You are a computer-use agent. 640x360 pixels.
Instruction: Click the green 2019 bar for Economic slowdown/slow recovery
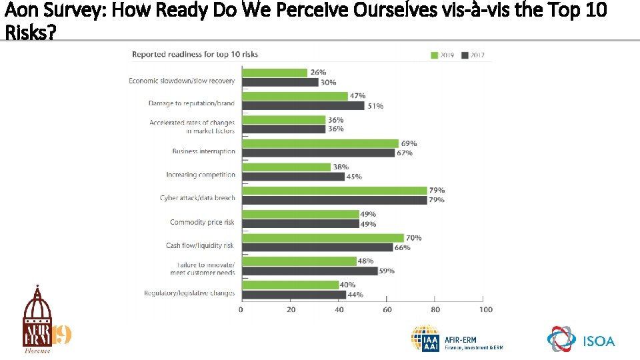coord(274,73)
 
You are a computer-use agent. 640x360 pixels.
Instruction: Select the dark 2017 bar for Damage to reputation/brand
coord(303,105)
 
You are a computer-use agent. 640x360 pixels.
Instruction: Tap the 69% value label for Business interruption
coord(407,143)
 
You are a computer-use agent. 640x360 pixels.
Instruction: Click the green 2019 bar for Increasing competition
coord(286,167)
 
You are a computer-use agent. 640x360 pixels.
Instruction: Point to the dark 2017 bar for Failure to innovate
coord(309,271)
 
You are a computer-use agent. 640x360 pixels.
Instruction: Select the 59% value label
coord(387,271)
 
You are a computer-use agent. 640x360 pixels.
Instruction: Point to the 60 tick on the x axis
coord(388,309)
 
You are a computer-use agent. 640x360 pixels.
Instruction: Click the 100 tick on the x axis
coord(485,309)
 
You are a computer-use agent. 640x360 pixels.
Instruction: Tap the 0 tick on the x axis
coord(241,309)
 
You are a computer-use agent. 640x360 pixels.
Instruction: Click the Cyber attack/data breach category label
coord(197,198)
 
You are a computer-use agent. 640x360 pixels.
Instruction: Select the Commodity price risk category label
coord(202,222)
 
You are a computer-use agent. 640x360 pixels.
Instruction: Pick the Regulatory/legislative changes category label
coord(189,293)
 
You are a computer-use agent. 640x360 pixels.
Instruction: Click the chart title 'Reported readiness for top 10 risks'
coord(195,54)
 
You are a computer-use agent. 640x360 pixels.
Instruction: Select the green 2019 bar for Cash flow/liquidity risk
coord(323,238)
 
